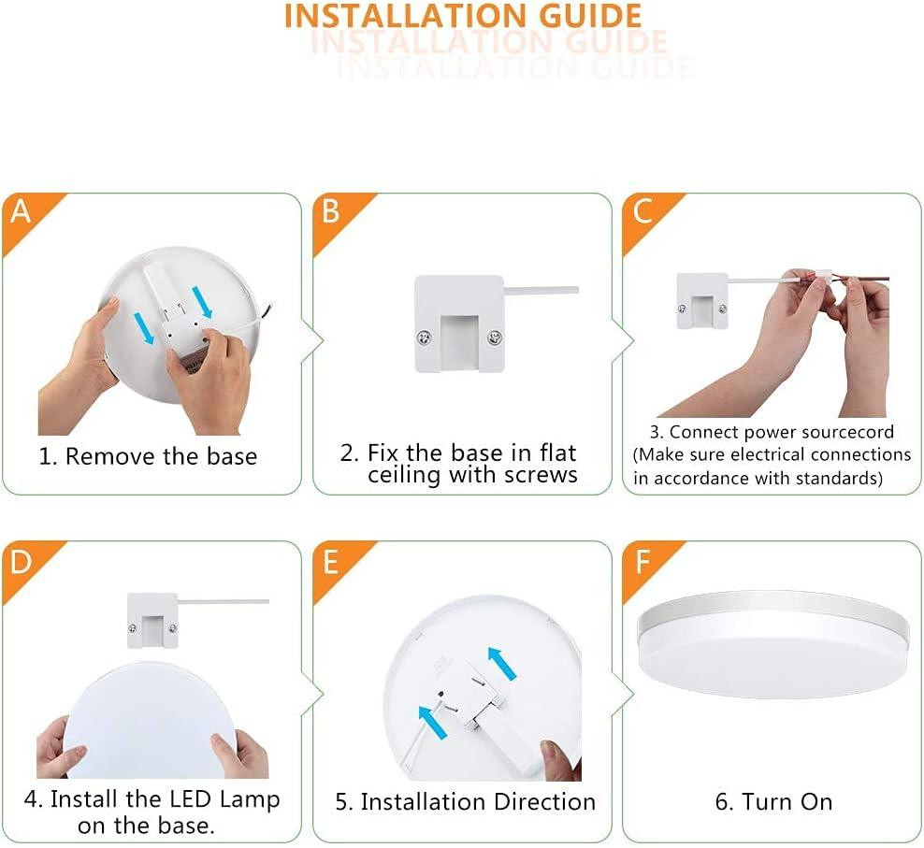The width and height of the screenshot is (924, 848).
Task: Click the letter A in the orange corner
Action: [x=21, y=211]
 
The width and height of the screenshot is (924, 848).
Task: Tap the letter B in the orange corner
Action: [x=330, y=211]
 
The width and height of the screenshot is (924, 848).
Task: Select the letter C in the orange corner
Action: [x=642, y=211]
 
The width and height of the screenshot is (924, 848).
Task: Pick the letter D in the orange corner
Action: [x=21, y=562]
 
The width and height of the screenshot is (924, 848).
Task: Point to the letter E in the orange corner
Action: [x=330, y=562]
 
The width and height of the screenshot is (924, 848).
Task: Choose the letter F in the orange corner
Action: [x=642, y=562]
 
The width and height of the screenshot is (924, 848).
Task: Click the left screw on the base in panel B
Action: [x=423, y=338]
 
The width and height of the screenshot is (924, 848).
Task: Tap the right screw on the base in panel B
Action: [x=495, y=338]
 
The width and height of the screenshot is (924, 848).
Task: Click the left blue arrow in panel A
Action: [x=144, y=328]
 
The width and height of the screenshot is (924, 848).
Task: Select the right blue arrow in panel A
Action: [x=202, y=302]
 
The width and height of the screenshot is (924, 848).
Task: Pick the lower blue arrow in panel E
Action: [x=432, y=722]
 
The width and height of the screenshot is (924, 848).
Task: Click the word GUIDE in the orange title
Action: [x=591, y=16]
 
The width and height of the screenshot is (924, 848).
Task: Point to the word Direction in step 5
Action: [x=544, y=802]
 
